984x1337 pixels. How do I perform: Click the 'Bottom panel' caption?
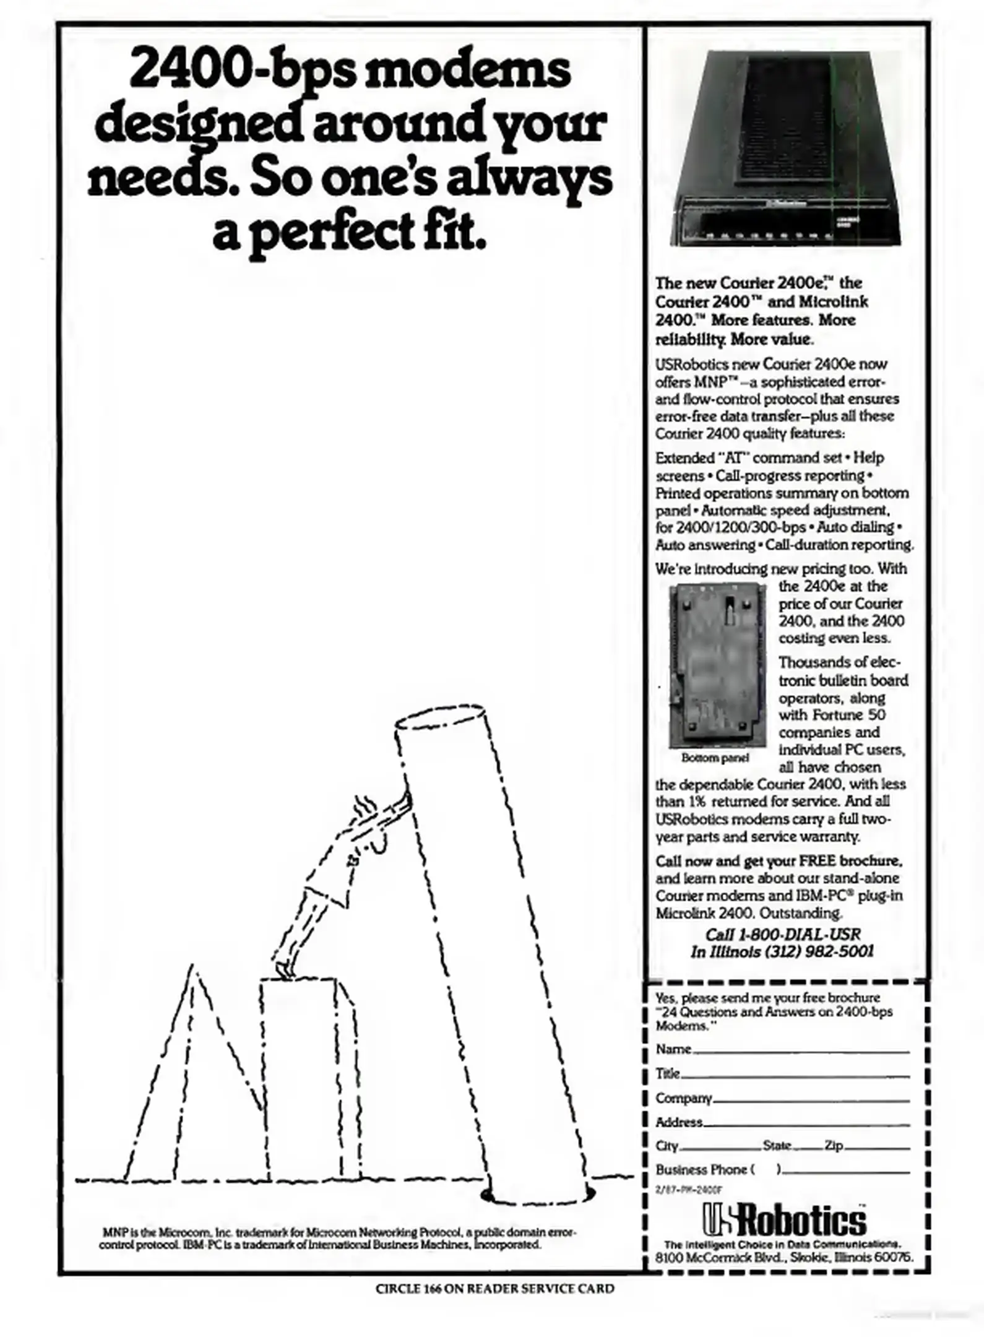pos(715,758)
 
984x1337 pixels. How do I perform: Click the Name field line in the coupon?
pos(801,1052)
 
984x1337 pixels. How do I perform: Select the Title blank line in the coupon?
pos(795,1077)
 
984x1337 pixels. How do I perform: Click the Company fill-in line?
pos(811,1101)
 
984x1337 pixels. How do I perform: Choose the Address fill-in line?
pos(806,1125)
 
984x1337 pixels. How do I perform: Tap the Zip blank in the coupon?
pos(877,1149)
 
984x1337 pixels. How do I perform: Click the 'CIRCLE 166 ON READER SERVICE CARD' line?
pos(495,1289)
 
